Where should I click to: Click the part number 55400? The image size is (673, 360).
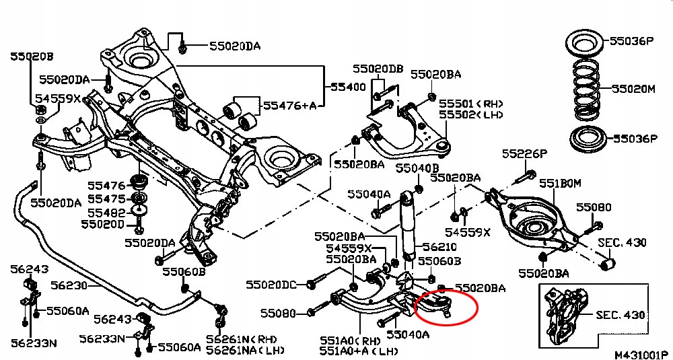pos(347,87)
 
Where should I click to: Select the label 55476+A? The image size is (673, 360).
pos(289,105)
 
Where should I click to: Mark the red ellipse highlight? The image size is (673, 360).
pos(446,307)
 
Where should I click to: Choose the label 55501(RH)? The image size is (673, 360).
pos(471,104)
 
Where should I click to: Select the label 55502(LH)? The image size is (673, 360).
pos(471,115)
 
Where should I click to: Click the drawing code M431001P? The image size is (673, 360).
pos(640,353)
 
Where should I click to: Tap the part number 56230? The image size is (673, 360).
pos(69,285)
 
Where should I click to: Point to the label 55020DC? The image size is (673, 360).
pos(271,285)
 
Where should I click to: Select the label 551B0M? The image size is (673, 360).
pos(559,183)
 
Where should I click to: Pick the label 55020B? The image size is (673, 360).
pos(31,57)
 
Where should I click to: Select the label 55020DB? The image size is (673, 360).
pos(378,69)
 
